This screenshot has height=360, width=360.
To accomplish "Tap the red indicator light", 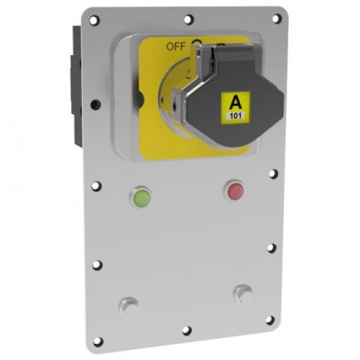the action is [235, 191].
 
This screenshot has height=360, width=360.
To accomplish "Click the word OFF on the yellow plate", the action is [176, 47].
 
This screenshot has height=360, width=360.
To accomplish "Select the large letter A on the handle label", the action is [236, 102].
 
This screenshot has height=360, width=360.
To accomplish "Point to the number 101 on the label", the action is [236, 116].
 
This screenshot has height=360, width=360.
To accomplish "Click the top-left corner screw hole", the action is [94, 20].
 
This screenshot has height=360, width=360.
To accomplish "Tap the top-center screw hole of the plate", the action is [188, 19].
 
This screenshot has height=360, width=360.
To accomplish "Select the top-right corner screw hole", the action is [277, 19].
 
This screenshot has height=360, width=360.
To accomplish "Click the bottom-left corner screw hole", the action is [98, 342].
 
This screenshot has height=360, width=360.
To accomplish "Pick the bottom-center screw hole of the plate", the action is [187, 330].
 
